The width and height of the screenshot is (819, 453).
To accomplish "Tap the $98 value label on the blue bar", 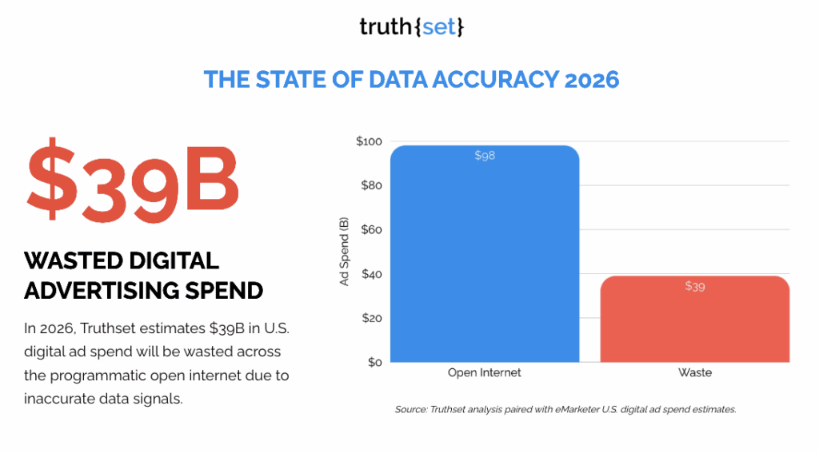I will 485,156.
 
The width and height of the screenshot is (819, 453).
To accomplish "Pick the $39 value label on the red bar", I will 695,286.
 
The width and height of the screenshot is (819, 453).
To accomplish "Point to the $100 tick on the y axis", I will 369,141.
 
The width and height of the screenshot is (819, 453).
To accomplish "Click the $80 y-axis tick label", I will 371,186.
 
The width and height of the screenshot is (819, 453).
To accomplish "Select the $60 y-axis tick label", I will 371,230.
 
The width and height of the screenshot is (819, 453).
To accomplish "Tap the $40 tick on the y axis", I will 371,274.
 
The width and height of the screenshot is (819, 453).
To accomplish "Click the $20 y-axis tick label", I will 371,318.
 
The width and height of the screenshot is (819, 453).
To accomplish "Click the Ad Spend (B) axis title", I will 344,252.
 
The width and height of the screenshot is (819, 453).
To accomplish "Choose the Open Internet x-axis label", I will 485,373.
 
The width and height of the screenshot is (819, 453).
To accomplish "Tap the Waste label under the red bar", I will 695,373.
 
